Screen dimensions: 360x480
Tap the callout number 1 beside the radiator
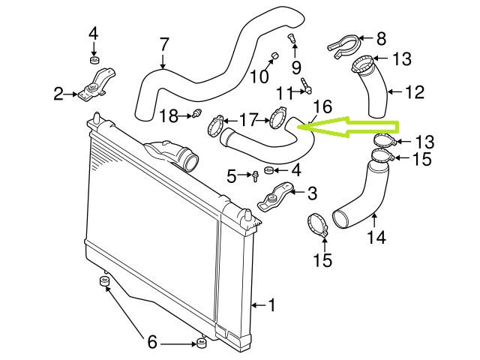[x=271, y=305]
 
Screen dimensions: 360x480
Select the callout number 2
[x=58, y=94]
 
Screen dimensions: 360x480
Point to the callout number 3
[x=311, y=193]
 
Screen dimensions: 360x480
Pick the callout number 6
[x=152, y=343]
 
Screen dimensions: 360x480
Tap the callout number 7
[x=164, y=45]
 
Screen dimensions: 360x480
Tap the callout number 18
[x=169, y=115]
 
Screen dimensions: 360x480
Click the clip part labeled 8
[x=343, y=43]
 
